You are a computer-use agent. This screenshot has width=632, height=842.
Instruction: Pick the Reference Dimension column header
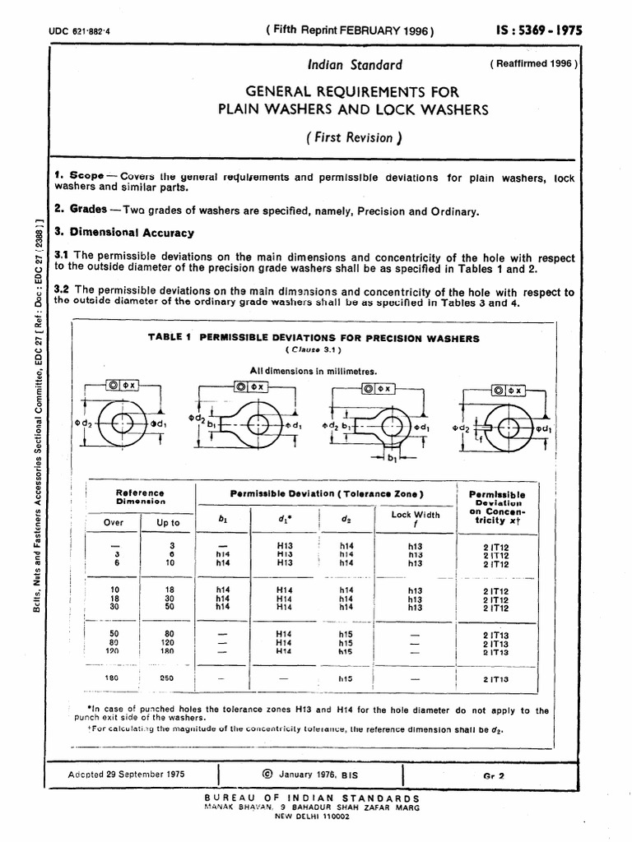tap(141, 497)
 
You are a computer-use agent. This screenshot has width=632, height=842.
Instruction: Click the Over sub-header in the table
tap(113, 522)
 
